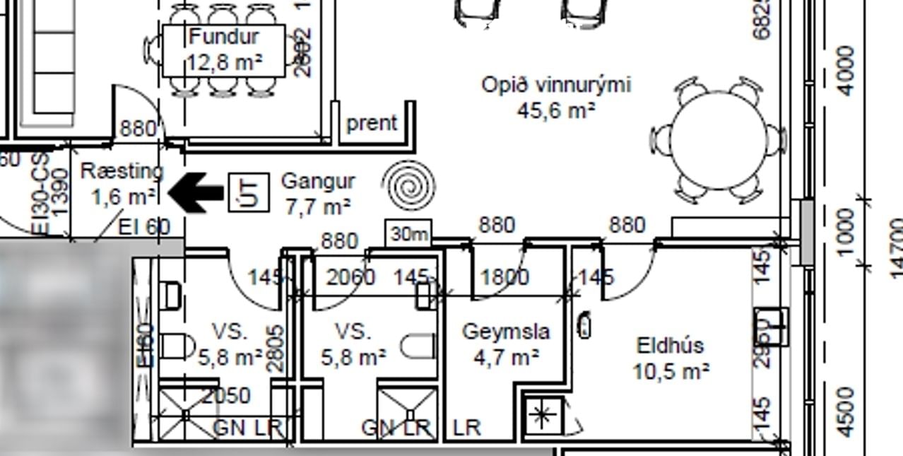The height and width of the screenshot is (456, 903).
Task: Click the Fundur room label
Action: point(224,49)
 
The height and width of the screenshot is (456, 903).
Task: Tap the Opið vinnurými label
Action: point(556,97)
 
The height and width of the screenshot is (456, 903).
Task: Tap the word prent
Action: point(372,123)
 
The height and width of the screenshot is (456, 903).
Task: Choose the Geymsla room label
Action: point(506,344)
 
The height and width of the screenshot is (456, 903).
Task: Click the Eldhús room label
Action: point(671,357)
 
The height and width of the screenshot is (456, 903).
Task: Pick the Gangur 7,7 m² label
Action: point(317,193)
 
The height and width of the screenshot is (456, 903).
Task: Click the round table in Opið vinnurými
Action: point(719,140)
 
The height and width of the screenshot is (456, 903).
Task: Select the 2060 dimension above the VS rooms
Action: point(350,276)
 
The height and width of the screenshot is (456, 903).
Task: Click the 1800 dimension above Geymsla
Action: point(504,276)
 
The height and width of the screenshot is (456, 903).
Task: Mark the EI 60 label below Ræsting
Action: point(144,227)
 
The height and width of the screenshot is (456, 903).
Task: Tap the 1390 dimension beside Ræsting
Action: point(61,191)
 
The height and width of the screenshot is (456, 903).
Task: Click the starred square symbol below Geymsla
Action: point(542,415)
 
